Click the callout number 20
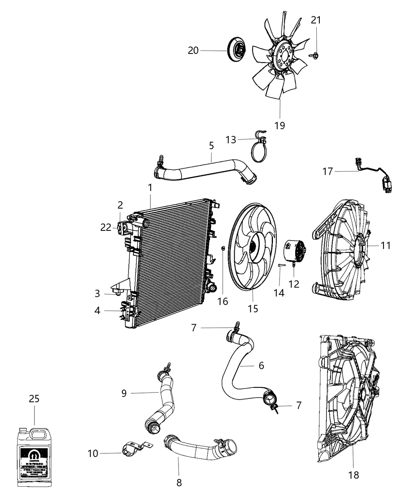193,50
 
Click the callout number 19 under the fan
280,125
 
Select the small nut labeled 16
222,248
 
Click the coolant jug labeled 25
34,459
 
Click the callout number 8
179,483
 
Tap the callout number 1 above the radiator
150,188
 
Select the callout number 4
97,311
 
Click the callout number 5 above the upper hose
211,146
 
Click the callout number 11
386,246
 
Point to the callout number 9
124,393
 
